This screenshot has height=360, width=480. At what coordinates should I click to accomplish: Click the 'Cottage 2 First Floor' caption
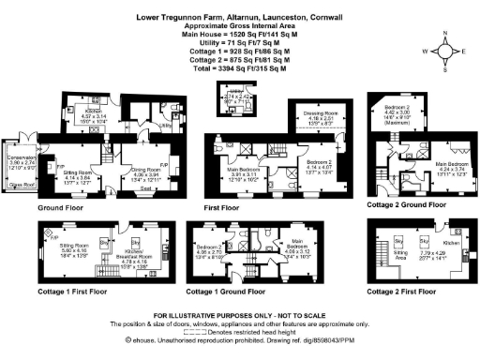pos(412,292)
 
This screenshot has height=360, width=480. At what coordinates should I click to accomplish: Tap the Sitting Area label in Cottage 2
pos(402,253)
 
